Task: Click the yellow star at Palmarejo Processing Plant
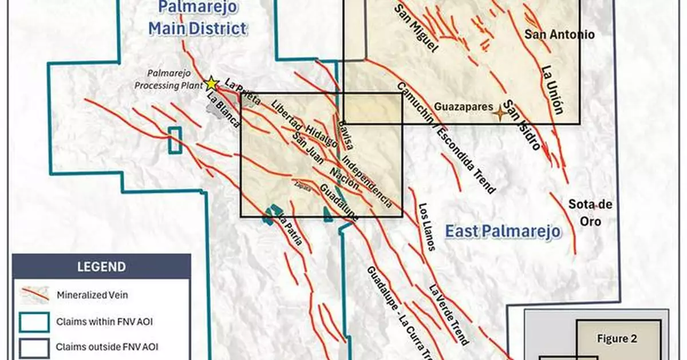tap(212, 82)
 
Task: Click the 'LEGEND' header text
tap(102, 266)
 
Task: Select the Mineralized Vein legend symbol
tap(34, 294)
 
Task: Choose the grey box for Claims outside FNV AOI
tap(34, 346)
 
